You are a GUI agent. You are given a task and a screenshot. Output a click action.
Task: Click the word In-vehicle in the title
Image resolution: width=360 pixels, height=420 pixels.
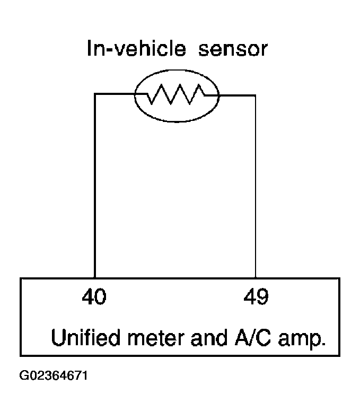click(136, 48)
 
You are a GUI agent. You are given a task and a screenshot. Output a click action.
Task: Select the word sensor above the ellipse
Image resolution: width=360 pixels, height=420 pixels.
click(233, 49)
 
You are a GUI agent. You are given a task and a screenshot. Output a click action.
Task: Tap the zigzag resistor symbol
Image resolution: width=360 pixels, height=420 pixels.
click(175, 94)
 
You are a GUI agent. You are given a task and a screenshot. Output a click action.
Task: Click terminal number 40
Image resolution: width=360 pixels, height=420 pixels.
click(94, 296)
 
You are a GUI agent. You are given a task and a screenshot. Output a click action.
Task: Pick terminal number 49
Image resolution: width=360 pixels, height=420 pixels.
click(256, 296)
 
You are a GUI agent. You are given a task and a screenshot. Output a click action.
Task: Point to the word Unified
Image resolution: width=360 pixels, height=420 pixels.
click(85, 337)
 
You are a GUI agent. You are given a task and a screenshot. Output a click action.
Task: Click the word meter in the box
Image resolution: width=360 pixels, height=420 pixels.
click(156, 338)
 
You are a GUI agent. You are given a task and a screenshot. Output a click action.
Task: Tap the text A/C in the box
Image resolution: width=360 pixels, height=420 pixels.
click(252, 337)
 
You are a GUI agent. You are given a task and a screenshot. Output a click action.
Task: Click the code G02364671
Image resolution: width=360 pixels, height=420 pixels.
click(54, 375)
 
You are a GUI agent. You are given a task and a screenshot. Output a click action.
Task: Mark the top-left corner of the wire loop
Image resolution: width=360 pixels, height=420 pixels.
click(95, 94)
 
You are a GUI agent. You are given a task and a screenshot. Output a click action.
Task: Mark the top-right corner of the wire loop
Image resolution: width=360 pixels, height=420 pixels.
click(256, 95)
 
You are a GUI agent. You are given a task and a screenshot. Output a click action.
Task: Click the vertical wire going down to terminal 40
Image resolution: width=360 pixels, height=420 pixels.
click(95, 186)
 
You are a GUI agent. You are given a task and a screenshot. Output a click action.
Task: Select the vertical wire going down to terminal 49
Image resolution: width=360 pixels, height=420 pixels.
click(256, 187)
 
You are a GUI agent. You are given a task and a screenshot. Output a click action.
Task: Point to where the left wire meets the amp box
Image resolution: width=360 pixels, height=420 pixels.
click(95, 278)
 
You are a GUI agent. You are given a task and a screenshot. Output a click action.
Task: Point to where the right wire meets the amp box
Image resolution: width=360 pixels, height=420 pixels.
click(256, 278)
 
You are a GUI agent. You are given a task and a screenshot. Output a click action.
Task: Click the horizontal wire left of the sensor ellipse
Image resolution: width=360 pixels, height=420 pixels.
click(115, 94)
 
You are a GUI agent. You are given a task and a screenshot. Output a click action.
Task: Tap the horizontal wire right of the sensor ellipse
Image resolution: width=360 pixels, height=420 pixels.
click(238, 95)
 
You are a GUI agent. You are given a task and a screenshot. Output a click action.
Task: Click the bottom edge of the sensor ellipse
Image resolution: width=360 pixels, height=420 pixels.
click(177, 121)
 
